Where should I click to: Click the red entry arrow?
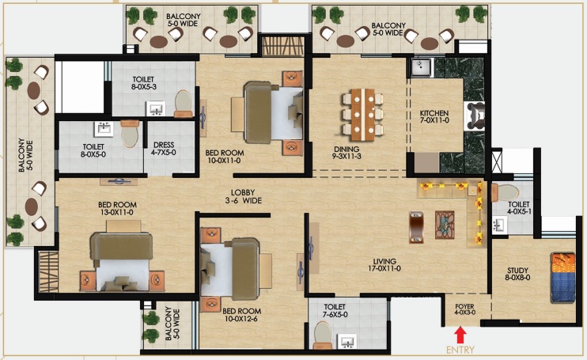click(460, 335)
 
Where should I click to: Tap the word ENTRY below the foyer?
click(460, 350)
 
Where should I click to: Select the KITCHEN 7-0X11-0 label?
click(434, 116)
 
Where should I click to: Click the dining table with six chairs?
click(362, 115)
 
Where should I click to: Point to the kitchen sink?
click(421, 68)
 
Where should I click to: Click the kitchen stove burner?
click(475, 116)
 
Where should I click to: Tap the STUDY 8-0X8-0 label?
click(517, 274)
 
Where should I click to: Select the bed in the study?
click(563, 278)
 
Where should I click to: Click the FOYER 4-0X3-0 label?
click(464, 309)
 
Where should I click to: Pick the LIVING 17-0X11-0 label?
click(384, 265)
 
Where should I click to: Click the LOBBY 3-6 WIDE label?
click(243, 196)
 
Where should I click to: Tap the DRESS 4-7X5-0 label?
click(164, 149)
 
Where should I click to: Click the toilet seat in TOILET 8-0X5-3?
click(183, 103)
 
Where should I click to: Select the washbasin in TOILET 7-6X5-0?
click(347, 342)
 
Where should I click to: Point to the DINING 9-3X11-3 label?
click(347, 153)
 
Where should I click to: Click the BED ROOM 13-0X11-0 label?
click(118, 208)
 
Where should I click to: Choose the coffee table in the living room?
click(445, 225)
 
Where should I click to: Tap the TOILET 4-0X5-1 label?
click(519, 208)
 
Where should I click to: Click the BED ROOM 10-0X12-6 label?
click(242, 315)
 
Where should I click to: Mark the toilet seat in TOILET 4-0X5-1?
click(506, 192)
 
